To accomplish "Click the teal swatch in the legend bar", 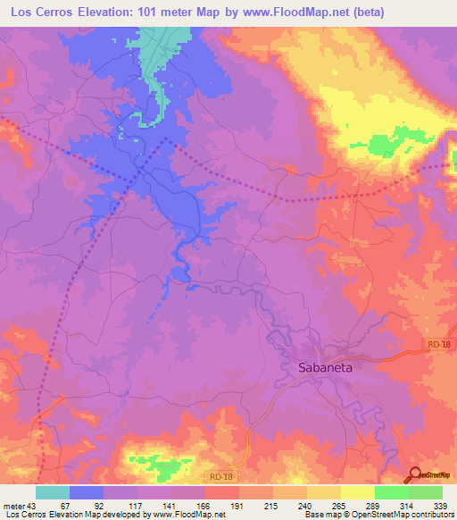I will tap(53, 492).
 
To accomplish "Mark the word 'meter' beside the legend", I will tap(13, 505).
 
